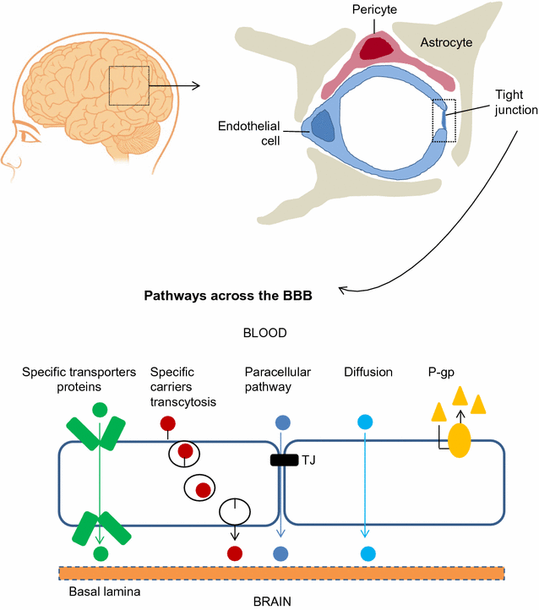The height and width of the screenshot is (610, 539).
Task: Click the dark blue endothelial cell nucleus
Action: (x=323, y=126)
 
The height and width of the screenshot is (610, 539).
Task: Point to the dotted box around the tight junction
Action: (x=444, y=121)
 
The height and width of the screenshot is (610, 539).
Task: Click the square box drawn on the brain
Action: (x=129, y=85)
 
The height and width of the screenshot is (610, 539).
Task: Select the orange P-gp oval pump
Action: (x=460, y=440)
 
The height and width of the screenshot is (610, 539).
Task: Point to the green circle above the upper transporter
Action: (x=101, y=411)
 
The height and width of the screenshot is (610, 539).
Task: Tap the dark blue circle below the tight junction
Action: (x=281, y=553)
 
